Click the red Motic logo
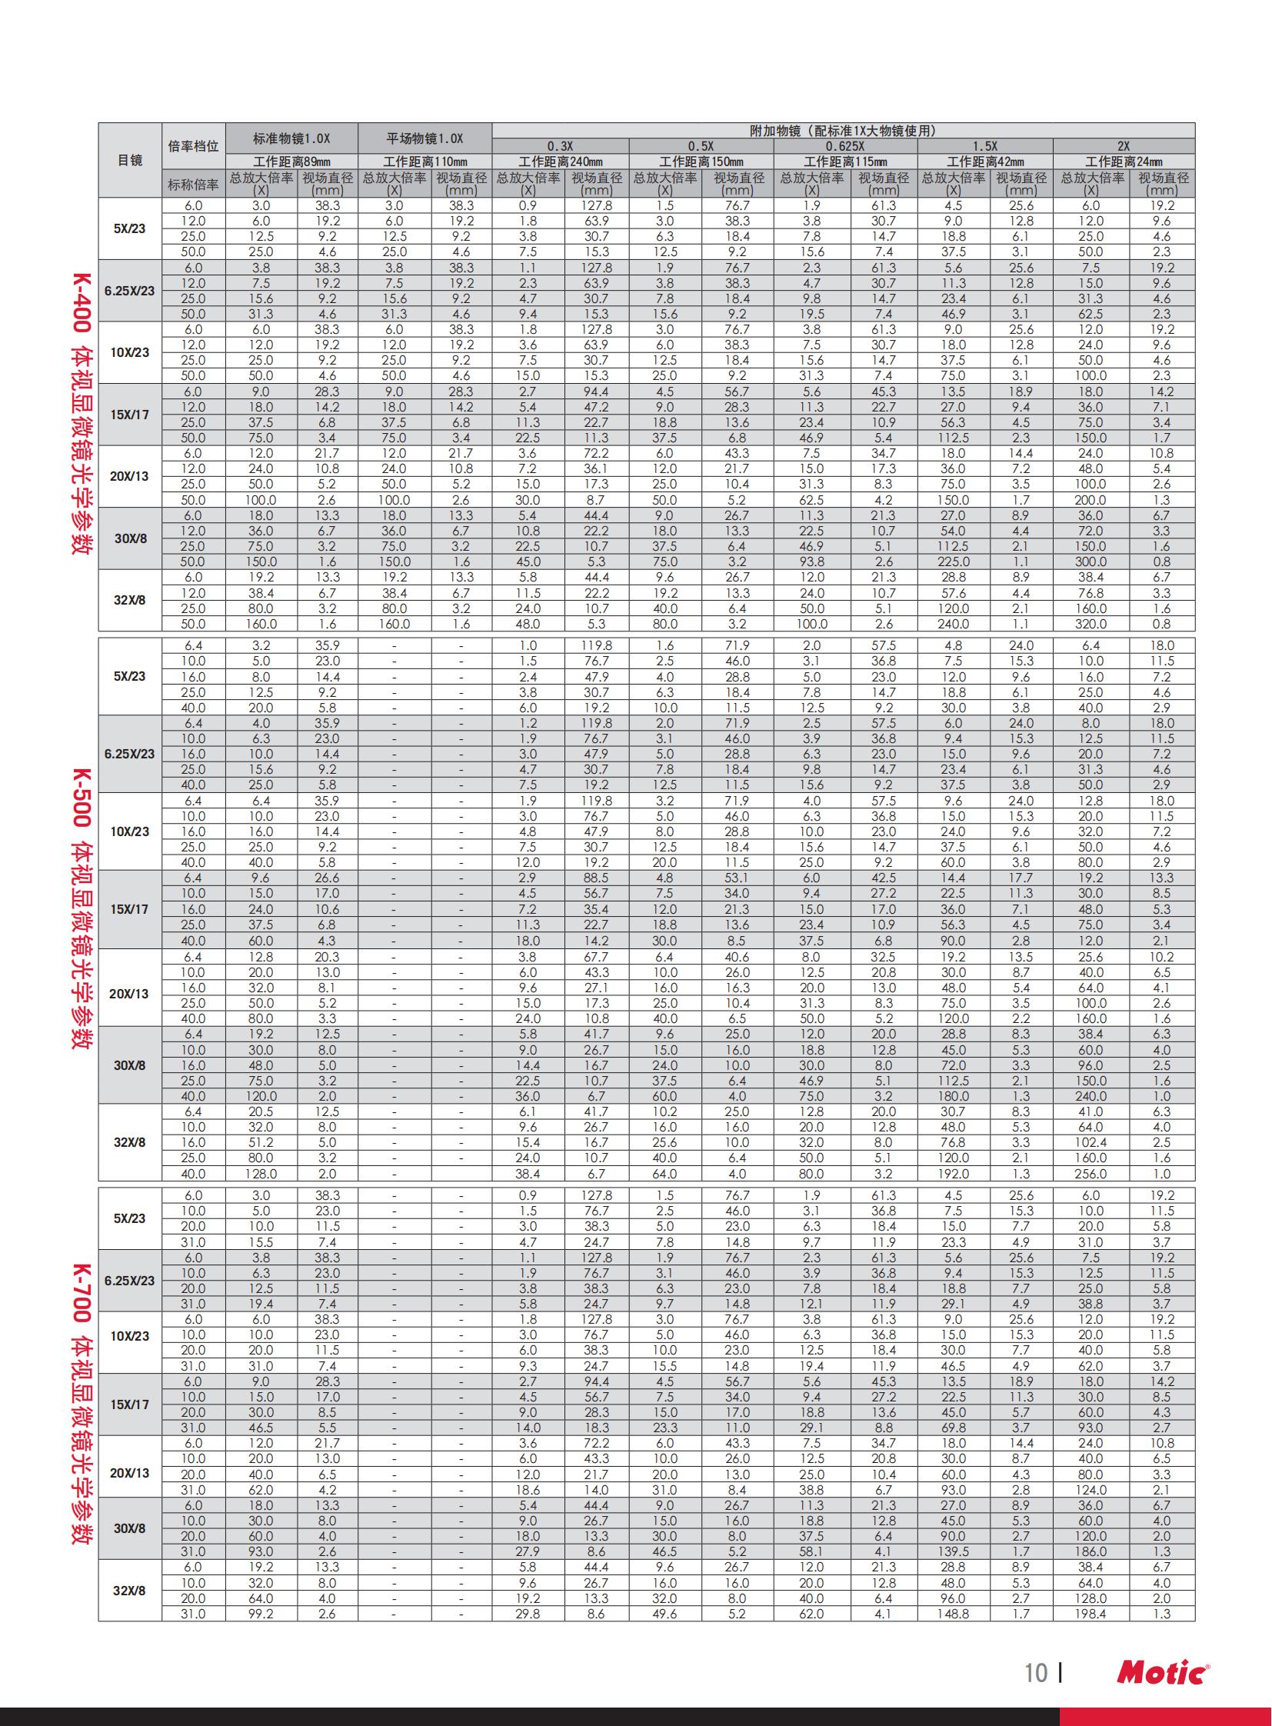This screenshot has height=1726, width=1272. [x=1163, y=1673]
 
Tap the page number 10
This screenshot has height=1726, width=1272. [x=1036, y=1673]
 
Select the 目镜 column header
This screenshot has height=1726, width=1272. [x=129, y=160]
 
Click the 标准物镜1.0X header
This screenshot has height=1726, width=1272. [x=291, y=138]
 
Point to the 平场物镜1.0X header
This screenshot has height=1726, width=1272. [x=425, y=138]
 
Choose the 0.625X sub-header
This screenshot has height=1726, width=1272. [x=844, y=146]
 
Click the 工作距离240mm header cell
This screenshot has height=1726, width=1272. [x=560, y=162]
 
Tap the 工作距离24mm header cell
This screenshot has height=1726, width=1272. [x=1124, y=162]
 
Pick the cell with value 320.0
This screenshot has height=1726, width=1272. [x=1091, y=625]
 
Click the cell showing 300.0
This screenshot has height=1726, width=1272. [x=1091, y=562]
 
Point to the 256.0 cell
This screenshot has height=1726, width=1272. [x=1091, y=1174]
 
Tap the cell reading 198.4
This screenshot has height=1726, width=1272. [x=1091, y=1614]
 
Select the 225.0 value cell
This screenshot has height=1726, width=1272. [x=953, y=562]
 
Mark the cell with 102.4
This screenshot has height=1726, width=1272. [x=1091, y=1143]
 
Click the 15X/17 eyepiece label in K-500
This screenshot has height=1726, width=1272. [x=129, y=910]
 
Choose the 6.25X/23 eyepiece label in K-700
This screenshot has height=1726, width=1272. [x=129, y=1281]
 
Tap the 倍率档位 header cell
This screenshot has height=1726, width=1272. [x=193, y=146]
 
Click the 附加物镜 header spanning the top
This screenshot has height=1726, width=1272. [x=842, y=131]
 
